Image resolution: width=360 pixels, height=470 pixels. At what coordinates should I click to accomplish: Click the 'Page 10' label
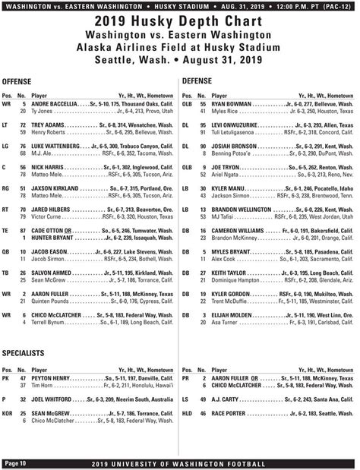pos(15,462)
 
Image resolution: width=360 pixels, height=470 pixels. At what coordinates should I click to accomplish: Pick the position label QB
pos(7,251)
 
